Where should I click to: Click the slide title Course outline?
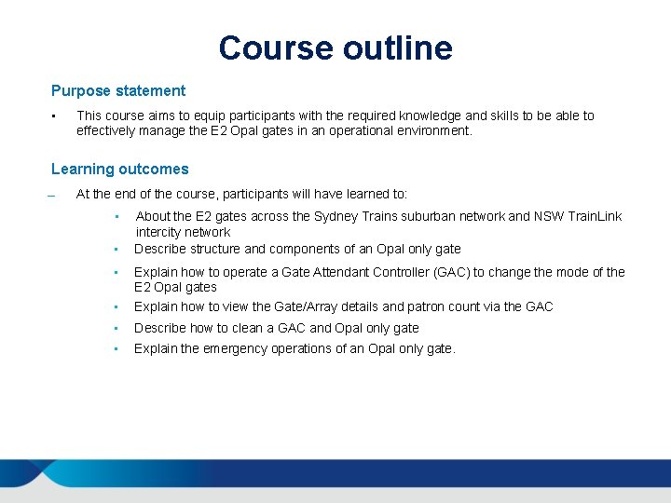click(x=335, y=48)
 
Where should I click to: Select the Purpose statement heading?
click(x=118, y=91)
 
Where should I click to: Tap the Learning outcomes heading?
click(x=119, y=170)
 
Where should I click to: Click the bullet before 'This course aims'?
click(x=55, y=116)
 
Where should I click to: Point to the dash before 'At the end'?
click(x=53, y=197)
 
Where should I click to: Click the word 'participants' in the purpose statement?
click(x=234, y=116)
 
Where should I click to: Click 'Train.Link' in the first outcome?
click(x=590, y=216)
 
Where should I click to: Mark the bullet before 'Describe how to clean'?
click(x=114, y=329)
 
